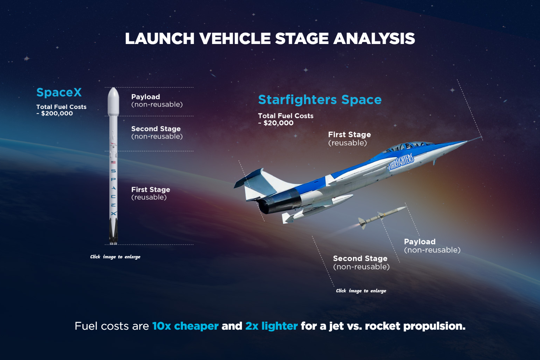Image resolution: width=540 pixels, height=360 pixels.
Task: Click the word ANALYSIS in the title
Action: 374,39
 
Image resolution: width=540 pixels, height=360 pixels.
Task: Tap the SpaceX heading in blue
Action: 59,92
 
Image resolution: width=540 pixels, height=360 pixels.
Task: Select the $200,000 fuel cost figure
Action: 57,114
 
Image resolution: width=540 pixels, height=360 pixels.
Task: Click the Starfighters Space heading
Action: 320,100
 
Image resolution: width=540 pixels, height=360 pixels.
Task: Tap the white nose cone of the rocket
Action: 113,101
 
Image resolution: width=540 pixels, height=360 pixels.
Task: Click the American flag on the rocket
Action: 113,162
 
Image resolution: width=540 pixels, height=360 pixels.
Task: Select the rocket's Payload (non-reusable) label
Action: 157,101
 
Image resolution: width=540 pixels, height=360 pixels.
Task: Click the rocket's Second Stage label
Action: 157,133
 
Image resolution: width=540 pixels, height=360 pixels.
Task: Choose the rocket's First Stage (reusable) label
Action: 151,193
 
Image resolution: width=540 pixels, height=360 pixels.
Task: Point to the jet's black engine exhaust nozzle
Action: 280,201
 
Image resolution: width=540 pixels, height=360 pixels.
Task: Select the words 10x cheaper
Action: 185,326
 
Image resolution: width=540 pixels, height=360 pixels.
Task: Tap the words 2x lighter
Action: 271,326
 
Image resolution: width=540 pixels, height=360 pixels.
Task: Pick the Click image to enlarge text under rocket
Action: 115,257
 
